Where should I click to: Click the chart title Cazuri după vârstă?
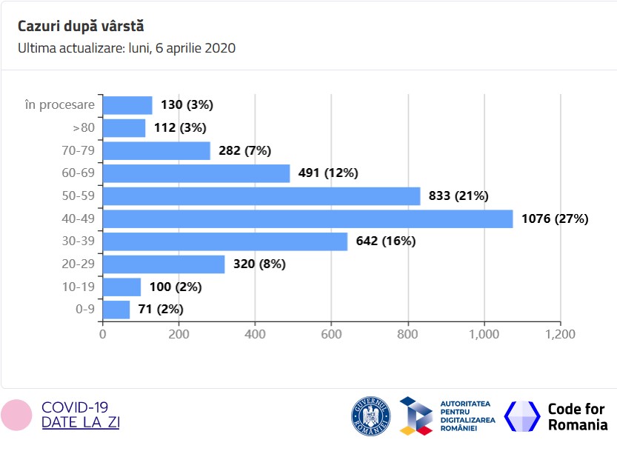81,26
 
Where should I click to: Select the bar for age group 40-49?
307,218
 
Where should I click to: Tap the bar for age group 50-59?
261,196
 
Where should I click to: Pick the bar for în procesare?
127,105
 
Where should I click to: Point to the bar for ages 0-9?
116,309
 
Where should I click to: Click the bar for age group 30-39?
225,241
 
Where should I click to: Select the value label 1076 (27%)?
555,218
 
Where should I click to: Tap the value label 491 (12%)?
328,173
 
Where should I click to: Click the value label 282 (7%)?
245,150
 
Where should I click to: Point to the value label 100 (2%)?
176,287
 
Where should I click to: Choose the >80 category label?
83,128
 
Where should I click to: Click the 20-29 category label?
79,264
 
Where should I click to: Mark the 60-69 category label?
79,173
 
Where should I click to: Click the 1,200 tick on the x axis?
560,334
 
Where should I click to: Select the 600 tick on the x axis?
331,334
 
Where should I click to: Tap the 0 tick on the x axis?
103,334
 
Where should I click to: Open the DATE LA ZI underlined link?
81,423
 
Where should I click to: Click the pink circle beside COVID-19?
16,415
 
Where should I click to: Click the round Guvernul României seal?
370,415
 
